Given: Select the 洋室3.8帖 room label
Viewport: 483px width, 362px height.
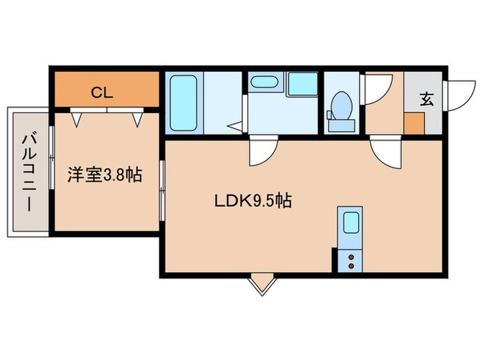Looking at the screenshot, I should (104, 174).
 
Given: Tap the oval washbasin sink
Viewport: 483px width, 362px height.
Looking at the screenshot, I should (264, 82).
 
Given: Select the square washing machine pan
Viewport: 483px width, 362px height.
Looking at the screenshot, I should (302, 83).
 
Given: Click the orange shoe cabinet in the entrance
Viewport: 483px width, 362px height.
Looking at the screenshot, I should (415, 123).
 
